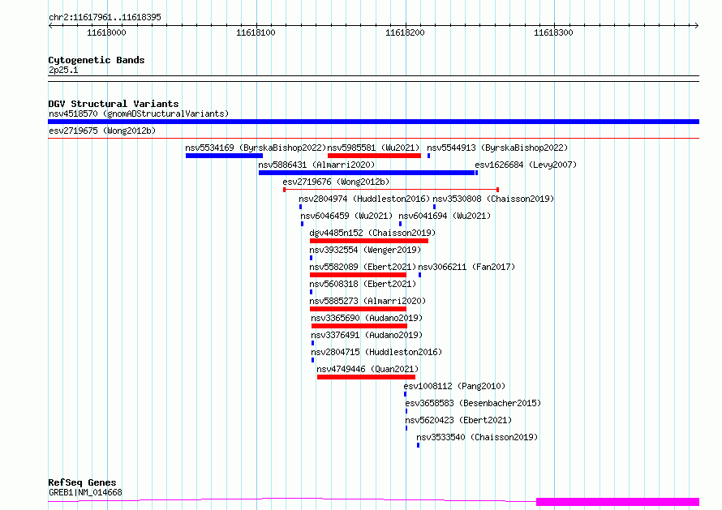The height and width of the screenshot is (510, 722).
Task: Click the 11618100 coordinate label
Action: [256, 32]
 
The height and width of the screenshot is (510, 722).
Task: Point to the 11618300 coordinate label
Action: [553, 32]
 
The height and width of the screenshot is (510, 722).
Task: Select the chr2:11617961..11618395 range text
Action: [105, 18]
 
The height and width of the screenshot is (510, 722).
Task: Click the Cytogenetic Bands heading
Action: [97, 60]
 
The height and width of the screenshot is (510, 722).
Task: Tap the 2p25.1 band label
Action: [63, 70]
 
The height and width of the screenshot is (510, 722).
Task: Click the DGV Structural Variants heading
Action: [114, 104]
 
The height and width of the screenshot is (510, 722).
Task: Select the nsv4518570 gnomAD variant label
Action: [139, 114]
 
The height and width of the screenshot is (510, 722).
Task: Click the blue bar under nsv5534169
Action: [224, 156]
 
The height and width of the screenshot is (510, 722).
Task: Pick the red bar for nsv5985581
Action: [374, 156]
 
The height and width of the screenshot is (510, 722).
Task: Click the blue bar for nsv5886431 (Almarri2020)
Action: [367, 173]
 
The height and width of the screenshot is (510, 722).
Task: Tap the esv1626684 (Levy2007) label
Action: [526, 165]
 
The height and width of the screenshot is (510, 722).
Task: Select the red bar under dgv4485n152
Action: [369, 241]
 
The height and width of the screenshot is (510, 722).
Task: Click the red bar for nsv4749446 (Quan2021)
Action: [366, 378]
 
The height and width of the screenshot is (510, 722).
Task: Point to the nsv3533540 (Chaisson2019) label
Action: [477, 437]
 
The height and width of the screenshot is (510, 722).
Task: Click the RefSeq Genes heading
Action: [82, 482]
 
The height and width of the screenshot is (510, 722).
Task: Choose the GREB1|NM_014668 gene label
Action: [86, 492]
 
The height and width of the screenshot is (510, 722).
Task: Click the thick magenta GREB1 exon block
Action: [617, 502]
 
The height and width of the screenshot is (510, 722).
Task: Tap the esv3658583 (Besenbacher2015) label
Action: [473, 403]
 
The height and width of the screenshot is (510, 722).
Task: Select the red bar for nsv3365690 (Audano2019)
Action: [359, 326]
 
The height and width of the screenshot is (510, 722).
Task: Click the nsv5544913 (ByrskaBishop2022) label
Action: [497, 148]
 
